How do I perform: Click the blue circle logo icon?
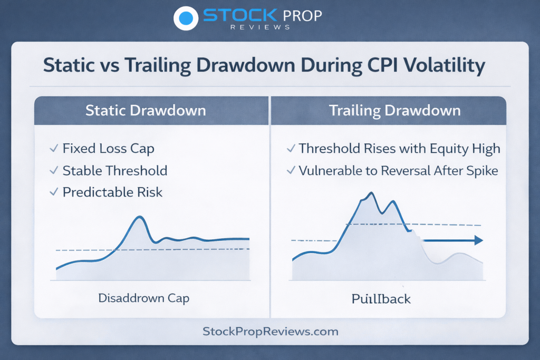click(186, 18)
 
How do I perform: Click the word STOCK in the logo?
click(240, 15)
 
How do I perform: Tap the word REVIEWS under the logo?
click(261, 27)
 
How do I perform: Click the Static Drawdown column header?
click(146, 111)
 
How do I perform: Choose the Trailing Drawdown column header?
click(395, 111)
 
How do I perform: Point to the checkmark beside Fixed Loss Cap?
click(54, 148)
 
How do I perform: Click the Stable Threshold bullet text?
click(115, 171)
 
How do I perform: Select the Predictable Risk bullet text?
click(113, 192)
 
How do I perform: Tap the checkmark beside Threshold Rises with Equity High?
click(291, 148)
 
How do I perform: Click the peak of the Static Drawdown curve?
click(140, 217)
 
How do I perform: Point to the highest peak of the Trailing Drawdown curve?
click(371, 193)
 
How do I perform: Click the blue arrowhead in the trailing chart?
click(479, 240)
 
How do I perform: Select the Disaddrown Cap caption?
click(143, 298)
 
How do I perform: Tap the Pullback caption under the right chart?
click(381, 299)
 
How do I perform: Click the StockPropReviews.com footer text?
click(271, 332)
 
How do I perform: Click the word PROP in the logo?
click(302, 16)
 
